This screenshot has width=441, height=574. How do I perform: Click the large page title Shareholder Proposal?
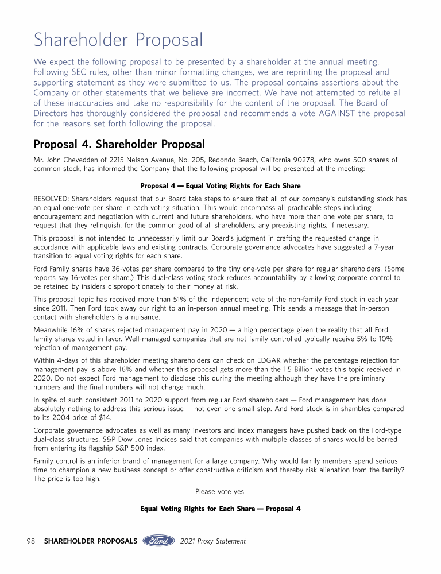[118, 40]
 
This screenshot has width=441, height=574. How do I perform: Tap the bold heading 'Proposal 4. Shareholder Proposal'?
[119, 143]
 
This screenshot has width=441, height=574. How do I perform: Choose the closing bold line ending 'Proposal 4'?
[220, 509]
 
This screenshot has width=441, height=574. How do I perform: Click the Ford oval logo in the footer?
[158, 541]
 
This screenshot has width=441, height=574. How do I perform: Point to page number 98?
[32, 541]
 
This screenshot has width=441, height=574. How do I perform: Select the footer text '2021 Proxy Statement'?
[212, 541]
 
